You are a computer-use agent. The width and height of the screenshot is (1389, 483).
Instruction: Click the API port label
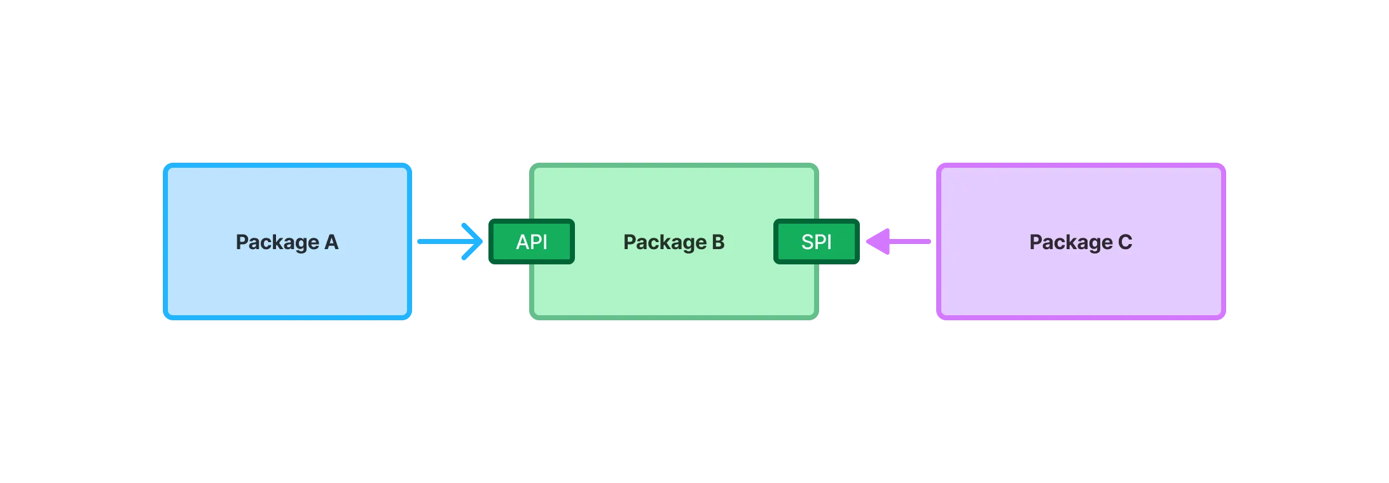tap(532, 241)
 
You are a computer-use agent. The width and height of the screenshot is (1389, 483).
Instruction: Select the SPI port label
tap(817, 241)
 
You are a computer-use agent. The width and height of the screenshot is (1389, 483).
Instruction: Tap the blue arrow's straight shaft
tap(439, 241)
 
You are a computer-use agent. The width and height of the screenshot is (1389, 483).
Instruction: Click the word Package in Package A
tap(277, 242)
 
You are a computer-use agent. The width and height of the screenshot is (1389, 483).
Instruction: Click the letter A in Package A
tap(331, 242)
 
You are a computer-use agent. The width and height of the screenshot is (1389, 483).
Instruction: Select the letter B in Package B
tap(718, 242)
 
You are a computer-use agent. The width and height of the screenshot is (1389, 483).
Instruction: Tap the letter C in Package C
tap(1125, 242)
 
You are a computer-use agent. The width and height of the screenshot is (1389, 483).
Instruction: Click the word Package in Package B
tap(665, 242)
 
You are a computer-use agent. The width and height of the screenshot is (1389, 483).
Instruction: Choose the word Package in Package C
tap(1071, 242)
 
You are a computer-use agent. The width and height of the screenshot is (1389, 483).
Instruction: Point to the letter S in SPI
tap(807, 242)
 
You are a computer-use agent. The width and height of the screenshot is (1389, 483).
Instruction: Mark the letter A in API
tap(522, 242)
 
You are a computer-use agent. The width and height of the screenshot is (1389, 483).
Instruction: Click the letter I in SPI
tap(829, 242)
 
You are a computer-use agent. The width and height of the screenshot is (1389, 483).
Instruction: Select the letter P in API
tap(536, 242)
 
